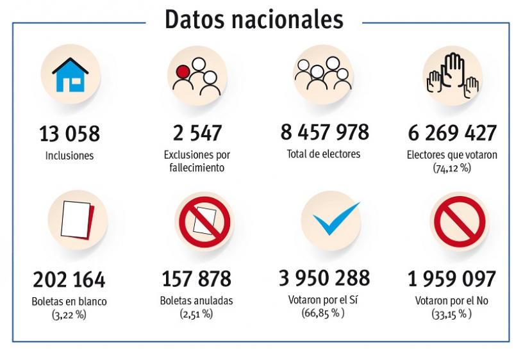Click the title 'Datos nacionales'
(x=254, y=19)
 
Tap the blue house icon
(x=70, y=76)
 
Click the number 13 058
(x=69, y=135)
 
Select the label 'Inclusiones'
(x=69, y=156)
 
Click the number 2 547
(x=197, y=133)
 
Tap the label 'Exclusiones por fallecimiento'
(x=197, y=161)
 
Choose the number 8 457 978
(x=324, y=132)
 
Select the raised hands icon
(x=452, y=75)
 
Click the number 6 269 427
(x=452, y=133)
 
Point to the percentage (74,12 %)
(x=452, y=168)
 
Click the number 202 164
(x=69, y=280)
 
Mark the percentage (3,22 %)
(x=69, y=314)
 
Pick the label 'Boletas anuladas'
(x=197, y=300)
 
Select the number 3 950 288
(x=324, y=278)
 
